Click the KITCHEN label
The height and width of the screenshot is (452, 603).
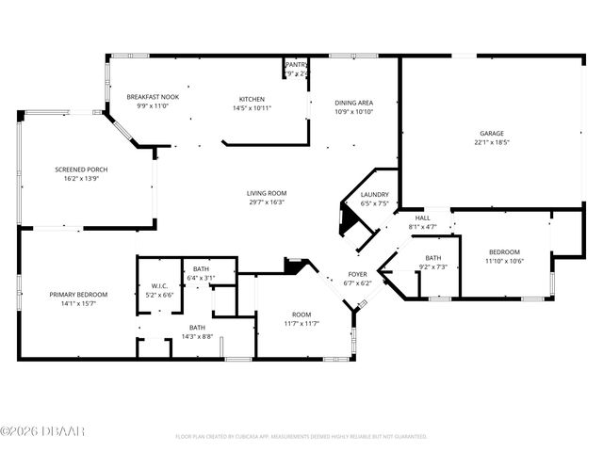tap(252, 99)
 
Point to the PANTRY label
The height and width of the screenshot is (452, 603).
tap(296, 65)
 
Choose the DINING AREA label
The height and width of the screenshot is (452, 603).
tap(354, 103)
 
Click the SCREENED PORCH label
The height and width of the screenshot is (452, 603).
tap(82, 169)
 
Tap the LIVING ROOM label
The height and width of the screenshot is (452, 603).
tap(267, 193)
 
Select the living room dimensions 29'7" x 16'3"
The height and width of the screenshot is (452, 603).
tap(267, 202)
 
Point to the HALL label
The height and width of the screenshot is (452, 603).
tap(422, 218)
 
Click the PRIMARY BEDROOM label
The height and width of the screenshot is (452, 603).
tap(78, 295)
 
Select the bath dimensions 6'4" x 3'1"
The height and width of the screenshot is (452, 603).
tap(201, 278)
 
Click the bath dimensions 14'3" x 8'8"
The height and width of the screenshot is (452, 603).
tap(197, 336)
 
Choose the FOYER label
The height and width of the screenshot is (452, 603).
tap(358, 275)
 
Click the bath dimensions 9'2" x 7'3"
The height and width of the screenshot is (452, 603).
tap(433, 266)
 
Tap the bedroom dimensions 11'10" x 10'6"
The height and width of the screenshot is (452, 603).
tap(504, 261)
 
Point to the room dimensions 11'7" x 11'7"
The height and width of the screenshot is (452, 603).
tap(301, 323)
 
